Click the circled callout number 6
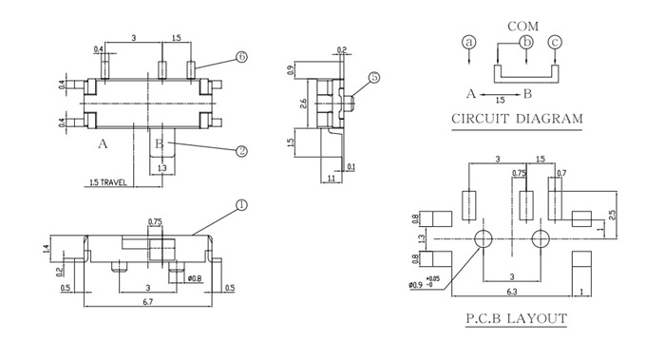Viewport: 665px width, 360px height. point(241,57)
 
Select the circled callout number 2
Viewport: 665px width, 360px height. point(241,151)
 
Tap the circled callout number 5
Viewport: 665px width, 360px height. point(373,78)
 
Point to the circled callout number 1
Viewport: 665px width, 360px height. point(241,205)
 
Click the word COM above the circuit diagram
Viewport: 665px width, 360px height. point(522,27)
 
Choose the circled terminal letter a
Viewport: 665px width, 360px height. point(468,42)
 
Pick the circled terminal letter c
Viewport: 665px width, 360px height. point(555,42)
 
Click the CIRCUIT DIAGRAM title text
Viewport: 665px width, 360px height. point(517,119)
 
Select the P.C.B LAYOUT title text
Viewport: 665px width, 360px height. point(516,318)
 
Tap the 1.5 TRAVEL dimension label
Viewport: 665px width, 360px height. point(108,182)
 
